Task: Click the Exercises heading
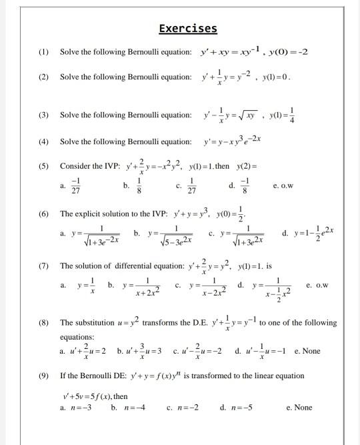pyautogui.click(x=188, y=28)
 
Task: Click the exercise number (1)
pyautogui.click(x=43, y=52)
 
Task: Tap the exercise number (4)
pyautogui.click(x=43, y=141)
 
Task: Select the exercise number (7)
pyautogui.click(x=43, y=266)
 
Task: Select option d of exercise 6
pyautogui.click(x=306, y=234)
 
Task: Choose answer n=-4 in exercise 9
pyautogui.click(x=131, y=407)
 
